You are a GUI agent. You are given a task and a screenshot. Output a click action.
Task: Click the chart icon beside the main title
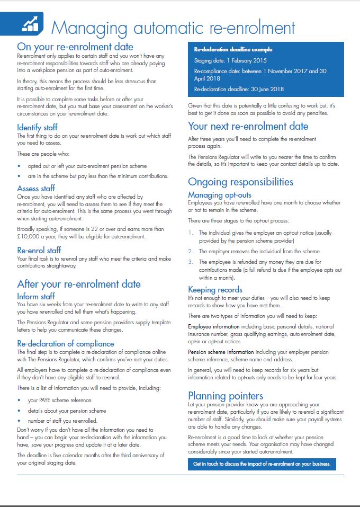point(30,23)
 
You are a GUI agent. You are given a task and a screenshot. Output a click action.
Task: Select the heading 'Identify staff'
point(37,128)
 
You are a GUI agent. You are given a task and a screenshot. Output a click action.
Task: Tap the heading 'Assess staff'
point(36,188)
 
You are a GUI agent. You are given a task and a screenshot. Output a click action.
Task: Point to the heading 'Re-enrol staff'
point(39,250)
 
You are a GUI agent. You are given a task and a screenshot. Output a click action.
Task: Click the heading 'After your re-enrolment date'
point(79,284)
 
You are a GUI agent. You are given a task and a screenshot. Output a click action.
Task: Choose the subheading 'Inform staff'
point(36,296)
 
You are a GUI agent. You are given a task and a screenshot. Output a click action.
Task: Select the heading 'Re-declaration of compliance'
point(65,344)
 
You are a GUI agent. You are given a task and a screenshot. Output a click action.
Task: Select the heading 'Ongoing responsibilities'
point(240,182)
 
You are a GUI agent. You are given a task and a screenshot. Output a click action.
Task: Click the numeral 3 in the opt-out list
point(191,262)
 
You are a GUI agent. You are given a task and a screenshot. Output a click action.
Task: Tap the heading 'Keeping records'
point(215,289)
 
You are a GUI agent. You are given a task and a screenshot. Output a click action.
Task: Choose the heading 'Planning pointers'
point(226,396)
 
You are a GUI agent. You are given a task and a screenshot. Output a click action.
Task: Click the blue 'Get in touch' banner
point(262,464)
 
